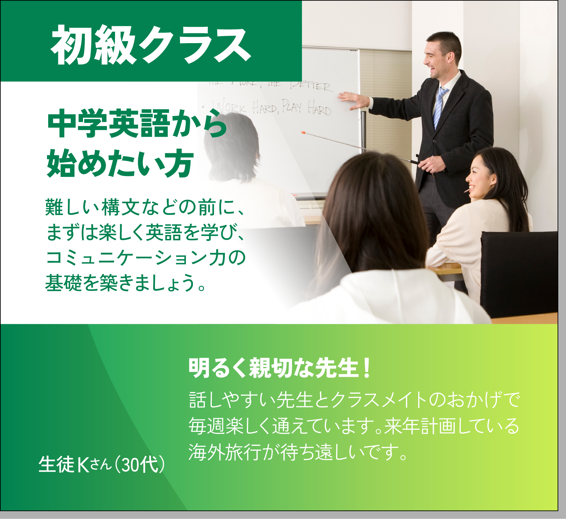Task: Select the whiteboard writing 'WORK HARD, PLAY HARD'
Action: click(x=271, y=108)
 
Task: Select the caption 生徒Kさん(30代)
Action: click(x=101, y=464)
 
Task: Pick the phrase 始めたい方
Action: click(x=120, y=164)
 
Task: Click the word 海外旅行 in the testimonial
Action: click(x=225, y=452)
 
